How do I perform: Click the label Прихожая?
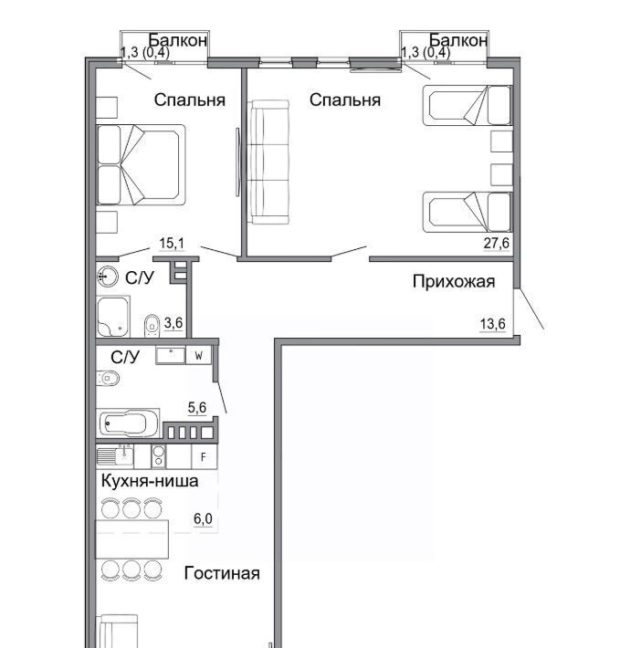point(454,281)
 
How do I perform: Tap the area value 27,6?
point(497,243)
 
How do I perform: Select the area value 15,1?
point(172,243)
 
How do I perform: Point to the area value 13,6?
point(492,324)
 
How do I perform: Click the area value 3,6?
point(173,322)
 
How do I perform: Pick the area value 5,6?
point(196,407)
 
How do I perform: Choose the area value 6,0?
point(203,518)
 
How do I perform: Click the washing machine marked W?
point(199,355)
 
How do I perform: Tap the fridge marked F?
point(205,457)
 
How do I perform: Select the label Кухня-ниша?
point(150,481)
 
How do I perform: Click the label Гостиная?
point(222,573)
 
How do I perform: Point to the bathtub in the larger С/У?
point(128,423)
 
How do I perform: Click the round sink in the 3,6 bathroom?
point(108,276)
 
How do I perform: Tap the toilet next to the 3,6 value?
point(152,326)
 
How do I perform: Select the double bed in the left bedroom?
point(141,165)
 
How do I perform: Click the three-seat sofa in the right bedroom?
point(268,162)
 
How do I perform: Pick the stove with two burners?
point(158,456)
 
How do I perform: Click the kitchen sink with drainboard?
point(115,456)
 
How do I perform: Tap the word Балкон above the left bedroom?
point(177,40)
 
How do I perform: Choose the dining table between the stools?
point(132,539)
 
